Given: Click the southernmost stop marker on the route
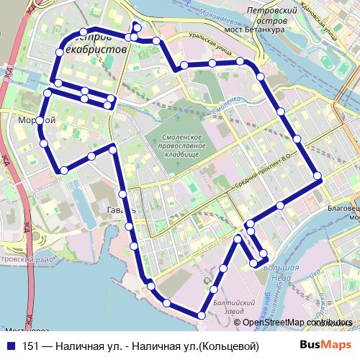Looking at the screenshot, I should pyautogui.click(x=202, y=315).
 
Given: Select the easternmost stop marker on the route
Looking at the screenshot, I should pyautogui.click(x=317, y=176).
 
